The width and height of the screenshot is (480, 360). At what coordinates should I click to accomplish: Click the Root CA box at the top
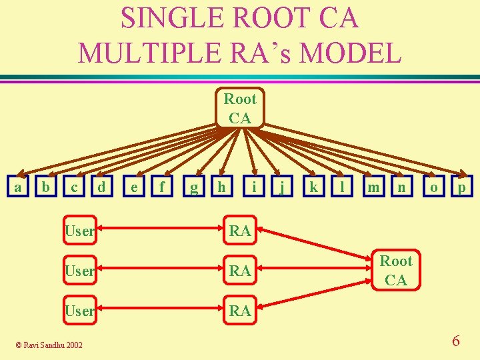click(239, 108)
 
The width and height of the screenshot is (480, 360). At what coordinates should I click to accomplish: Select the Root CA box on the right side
click(396, 271)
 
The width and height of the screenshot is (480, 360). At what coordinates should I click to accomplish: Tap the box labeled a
click(17, 188)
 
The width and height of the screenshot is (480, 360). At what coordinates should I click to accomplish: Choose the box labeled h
click(221, 188)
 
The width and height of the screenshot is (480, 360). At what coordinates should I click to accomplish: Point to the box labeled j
click(283, 188)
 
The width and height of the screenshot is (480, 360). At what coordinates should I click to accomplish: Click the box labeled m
click(373, 188)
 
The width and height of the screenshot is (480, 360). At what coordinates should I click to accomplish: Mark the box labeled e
click(135, 188)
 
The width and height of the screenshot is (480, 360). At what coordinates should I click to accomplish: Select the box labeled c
click(77, 188)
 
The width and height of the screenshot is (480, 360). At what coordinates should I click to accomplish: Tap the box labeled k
click(313, 188)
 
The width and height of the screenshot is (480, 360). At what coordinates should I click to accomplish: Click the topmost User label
click(79, 231)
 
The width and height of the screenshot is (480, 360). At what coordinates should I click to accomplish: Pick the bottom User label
click(79, 311)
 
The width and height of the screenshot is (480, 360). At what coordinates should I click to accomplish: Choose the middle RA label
click(240, 271)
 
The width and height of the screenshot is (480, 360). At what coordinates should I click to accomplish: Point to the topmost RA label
click(240, 231)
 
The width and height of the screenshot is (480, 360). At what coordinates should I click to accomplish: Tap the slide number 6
click(455, 341)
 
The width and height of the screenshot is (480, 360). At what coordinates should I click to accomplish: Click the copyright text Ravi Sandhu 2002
click(50, 345)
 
